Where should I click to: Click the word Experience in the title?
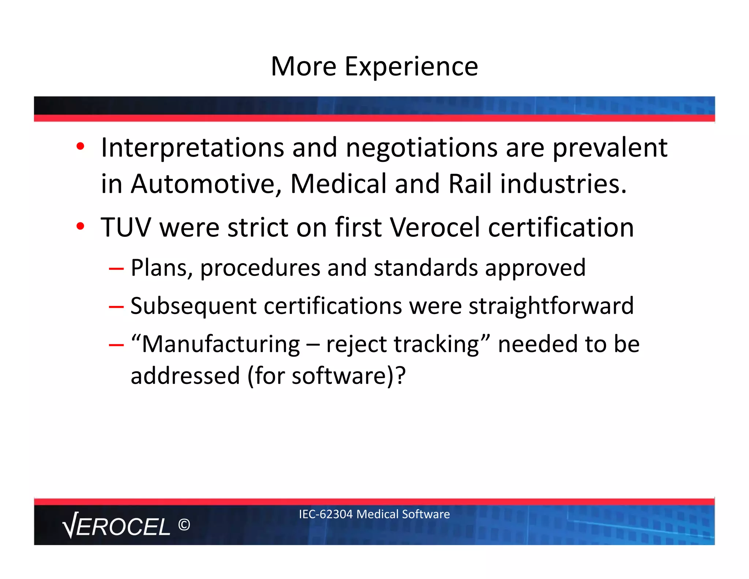pyautogui.click(x=411, y=67)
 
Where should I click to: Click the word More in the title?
pyautogui.click(x=303, y=67)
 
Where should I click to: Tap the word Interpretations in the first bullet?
pyautogui.click(x=192, y=147)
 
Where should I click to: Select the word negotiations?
pyautogui.click(x=421, y=147)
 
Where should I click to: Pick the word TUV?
pyautogui.click(x=125, y=228)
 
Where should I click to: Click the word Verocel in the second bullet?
pyautogui.click(x=434, y=228)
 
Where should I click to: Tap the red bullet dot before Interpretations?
pyautogui.click(x=80, y=146)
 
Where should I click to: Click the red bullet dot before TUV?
pyautogui.click(x=80, y=226)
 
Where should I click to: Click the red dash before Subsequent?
pyautogui.click(x=116, y=307)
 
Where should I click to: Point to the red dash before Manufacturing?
pyautogui.click(x=116, y=345)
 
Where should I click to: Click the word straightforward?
pyautogui.click(x=551, y=306)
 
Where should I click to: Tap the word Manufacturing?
pyautogui.click(x=221, y=344)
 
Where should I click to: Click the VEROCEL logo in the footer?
pyautogui.click(x=116, y=526)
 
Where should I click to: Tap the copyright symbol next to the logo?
pyautogui.click(x=184, y=525)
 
